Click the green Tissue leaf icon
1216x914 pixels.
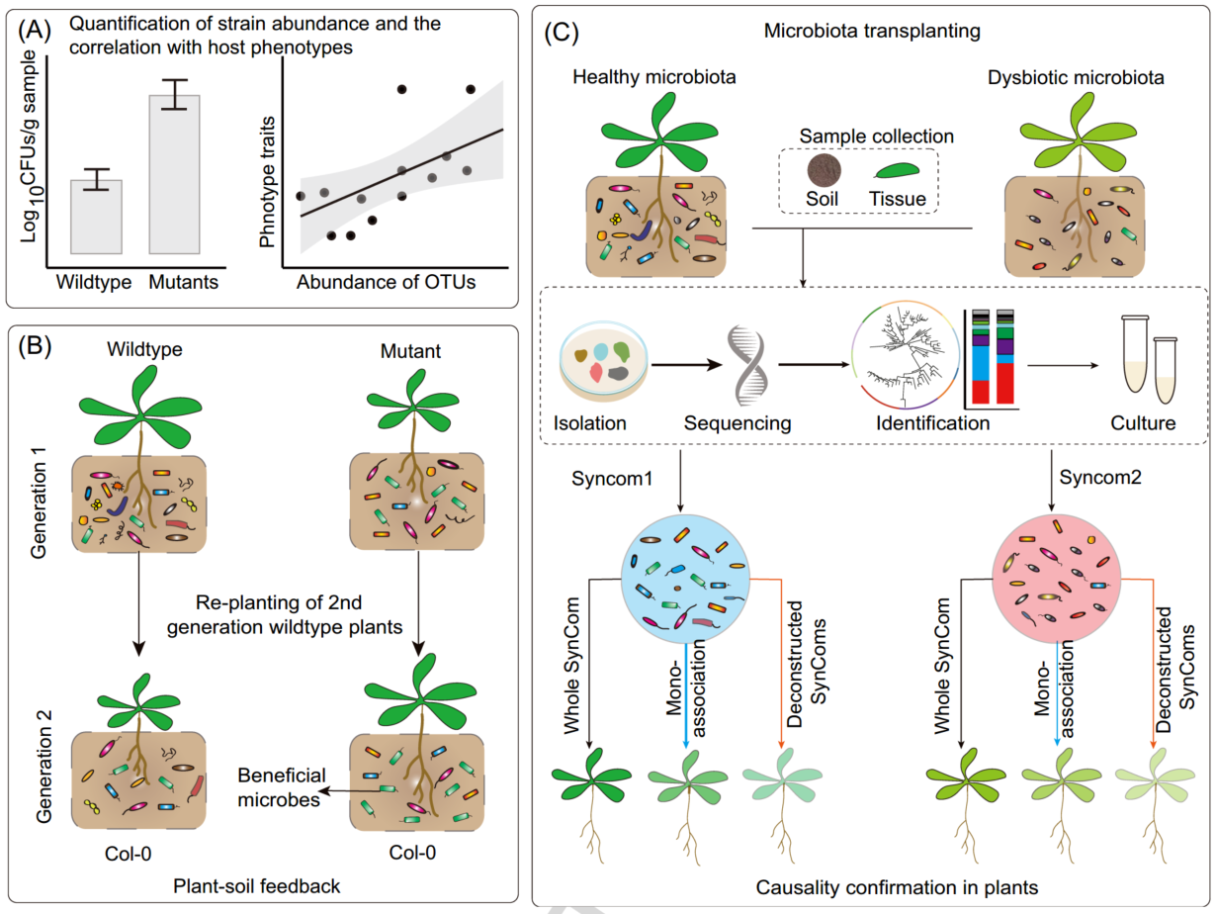point(896,170)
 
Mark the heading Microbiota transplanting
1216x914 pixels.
point(872,32)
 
